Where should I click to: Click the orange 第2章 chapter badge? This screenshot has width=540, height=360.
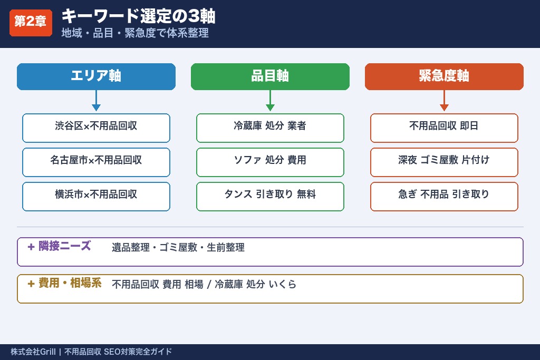coord(31,22)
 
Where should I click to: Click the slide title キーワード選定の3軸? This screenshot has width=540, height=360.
coord(138,16)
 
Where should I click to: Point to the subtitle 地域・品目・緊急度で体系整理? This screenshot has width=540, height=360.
coord(135,33)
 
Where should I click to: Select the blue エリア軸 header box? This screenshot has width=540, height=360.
coord(96,76)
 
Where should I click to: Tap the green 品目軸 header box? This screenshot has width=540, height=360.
coord(270,76)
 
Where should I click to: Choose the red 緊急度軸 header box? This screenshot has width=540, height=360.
coord(444,76)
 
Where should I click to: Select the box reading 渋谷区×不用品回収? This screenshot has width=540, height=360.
coord(96,128)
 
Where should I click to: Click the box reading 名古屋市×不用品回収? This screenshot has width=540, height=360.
coord(96,162)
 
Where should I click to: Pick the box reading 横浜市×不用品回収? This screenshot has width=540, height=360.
coord(96,196)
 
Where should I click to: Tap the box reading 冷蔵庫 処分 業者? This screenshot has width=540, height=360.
coord(270,128)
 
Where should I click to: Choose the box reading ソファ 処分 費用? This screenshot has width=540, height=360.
coord(270,162)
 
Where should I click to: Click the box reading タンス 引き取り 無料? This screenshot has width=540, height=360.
coord(270,196)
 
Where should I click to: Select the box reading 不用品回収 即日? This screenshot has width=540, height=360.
coord(444,128)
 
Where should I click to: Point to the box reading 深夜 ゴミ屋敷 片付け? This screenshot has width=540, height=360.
coord(444,162)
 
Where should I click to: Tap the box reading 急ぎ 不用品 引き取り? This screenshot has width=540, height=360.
coord(444,196)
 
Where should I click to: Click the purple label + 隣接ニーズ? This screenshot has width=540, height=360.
coord(59,246)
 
